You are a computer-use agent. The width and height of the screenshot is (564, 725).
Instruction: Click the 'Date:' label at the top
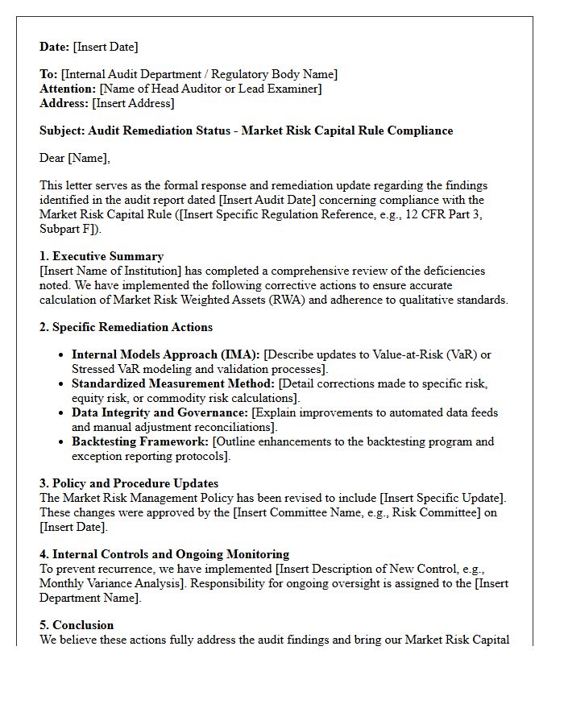tap(55, 47)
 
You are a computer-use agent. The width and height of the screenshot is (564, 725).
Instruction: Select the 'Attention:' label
tap(68, 89)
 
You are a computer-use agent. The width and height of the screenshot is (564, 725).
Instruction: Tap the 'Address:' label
tap(64, 103)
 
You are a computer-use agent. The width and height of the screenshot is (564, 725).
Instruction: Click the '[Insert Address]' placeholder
tap(133, 103)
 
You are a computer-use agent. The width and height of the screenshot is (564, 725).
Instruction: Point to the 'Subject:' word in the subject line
tap(62, 130)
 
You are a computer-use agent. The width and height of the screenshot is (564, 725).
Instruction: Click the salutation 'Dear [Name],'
tap(75, 158)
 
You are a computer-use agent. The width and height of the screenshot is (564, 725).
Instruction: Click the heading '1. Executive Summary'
tap(102, 256)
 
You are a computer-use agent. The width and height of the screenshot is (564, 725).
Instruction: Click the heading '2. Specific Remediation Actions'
tap(126, 327)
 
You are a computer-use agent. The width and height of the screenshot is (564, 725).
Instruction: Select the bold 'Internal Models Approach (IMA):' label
tap(166, 354)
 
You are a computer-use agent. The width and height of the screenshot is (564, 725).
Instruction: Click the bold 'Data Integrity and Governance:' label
tap(160, 412)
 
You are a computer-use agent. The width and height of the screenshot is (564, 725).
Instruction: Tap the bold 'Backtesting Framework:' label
tap(140, 441)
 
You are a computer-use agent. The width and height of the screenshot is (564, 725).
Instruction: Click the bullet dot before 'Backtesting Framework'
tap(62, 442)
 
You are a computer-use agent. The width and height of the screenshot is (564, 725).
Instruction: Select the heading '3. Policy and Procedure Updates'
tap(129, 483)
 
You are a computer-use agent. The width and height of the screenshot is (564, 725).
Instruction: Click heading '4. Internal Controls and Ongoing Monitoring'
tap(164, 554)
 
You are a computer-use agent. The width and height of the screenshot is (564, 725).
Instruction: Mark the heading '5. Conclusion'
tap(77, 625)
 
